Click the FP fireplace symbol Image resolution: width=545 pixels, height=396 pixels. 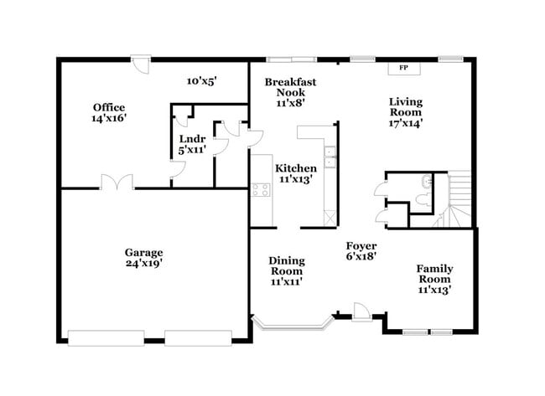(x=404, y=67)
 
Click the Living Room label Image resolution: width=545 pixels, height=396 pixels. (x=405, y=112)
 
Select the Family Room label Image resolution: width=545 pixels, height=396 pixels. (x=433, y=279)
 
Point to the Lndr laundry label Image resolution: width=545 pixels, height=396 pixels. (x=192, y=144)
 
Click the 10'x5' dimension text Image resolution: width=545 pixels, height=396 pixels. (x=201, y=81)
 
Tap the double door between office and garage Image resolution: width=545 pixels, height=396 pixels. (x=117, y=182)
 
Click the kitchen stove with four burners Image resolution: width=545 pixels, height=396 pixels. (x=260, y=188)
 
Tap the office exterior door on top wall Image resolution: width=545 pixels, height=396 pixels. (x=144, y=62)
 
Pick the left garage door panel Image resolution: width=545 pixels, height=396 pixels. (x=101, y=337)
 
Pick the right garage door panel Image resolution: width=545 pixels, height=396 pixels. (x=198, y=337)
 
